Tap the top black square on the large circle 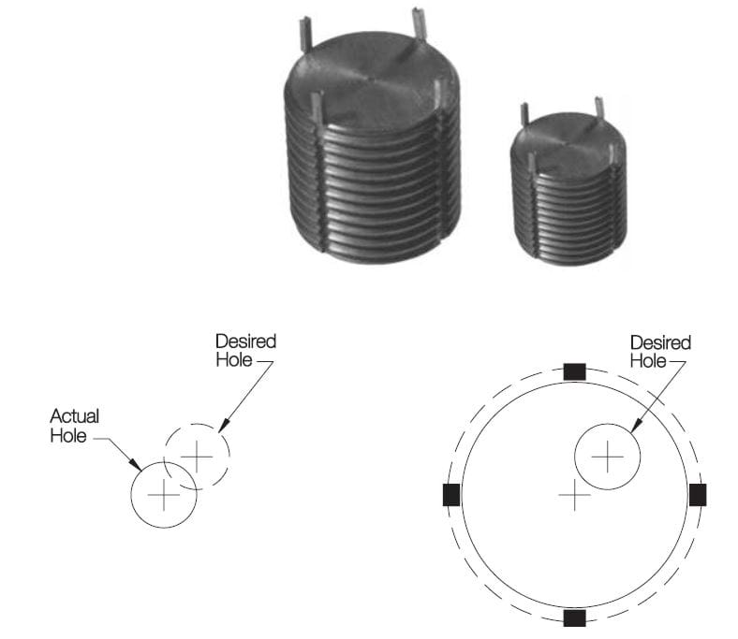(575, 371)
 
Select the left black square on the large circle (451, 494)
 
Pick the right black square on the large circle (698, 494)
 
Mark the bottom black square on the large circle (575, 617)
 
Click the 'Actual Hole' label (75, 425)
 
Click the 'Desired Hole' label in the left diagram (245, 351)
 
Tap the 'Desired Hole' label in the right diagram (660, 352)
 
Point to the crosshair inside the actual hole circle (164, 494)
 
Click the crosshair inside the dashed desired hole (197, 456)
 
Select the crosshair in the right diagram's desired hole (608, 456)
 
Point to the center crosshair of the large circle (574, 493)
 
